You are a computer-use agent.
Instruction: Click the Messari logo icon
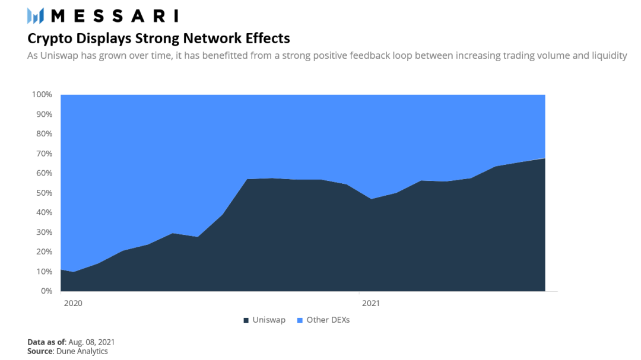click(x=36, y=16)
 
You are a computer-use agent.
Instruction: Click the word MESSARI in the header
click(x=115, y=16)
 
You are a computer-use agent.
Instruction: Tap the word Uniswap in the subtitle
click(x=59, y=56)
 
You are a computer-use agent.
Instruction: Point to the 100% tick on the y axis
click(x=42, y=94)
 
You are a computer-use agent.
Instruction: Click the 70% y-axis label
click(x=44, y=154)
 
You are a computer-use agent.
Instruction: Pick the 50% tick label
click(x=44, y=193)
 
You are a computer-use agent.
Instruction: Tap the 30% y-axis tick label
click(x=44, y=232)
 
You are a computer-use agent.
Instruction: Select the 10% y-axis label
click(x=44, y=271)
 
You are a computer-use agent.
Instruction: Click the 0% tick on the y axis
click(x=47, y=291)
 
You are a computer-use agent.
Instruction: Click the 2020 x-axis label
click(x=73, y=303)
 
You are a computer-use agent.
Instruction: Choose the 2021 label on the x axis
click(x=371, y=303)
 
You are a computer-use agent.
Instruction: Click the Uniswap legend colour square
click(x=246, y=320)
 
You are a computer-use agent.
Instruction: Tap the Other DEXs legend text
click(x=328, y=320)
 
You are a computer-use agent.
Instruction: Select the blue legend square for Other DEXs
click(x=300, y=320)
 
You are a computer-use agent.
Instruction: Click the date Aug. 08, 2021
click(x=91, y=342)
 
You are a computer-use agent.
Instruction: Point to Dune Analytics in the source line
click(x=82, y=352)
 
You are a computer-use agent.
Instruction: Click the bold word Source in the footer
click(x=40, y=352)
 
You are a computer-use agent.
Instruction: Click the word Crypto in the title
click(x=50, y=39)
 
